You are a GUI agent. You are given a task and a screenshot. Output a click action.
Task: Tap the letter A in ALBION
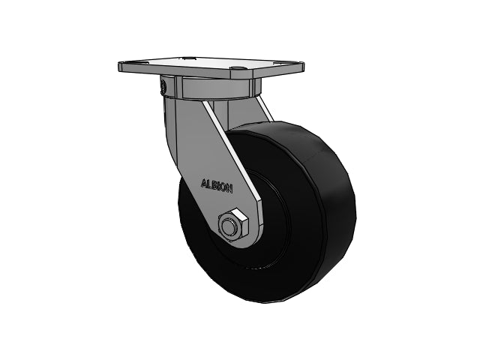[202, 181]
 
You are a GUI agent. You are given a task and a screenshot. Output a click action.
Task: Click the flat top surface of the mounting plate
[202, 64]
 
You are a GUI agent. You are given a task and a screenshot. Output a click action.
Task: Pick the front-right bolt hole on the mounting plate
[238, 72]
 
